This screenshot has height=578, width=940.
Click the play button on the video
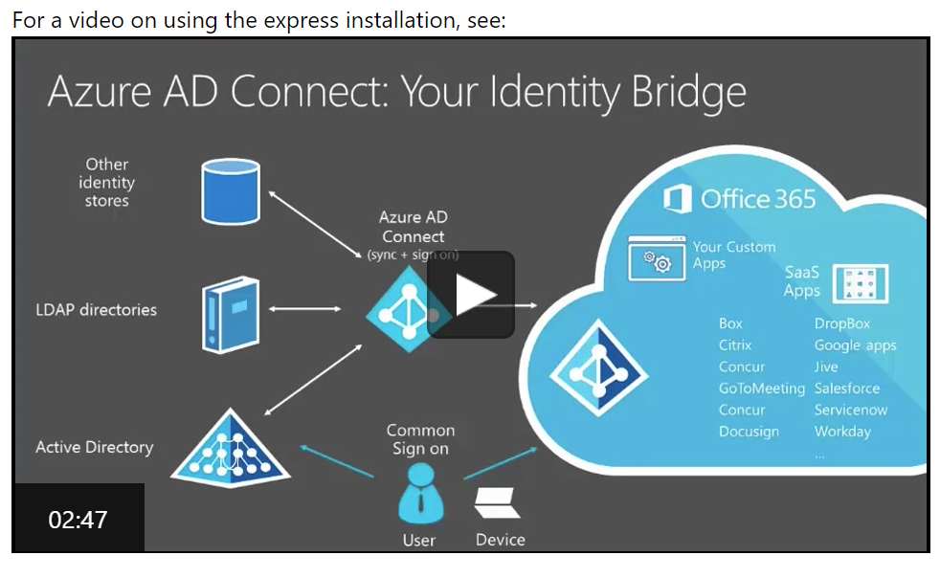(x=471, y=295)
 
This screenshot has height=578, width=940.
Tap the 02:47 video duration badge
(x=78, y=520)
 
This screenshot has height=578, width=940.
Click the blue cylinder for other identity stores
(x=231, y=191)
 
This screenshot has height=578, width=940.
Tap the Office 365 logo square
(x=678, y=200)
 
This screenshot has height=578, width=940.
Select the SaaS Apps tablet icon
(x=861, y=283)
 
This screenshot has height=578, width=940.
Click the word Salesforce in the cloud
(x=846, y=389)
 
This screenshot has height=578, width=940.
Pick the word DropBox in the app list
(x=842, y=323)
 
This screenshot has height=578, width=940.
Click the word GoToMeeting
(x=762, y=389)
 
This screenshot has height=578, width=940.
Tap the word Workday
(x=842, y=432)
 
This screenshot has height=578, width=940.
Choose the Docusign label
(x=749, y=432)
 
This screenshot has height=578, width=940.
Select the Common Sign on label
(x=420, y=439)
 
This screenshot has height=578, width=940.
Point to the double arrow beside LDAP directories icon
(x=305, y=309)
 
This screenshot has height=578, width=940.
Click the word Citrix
(x=735, y=345)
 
